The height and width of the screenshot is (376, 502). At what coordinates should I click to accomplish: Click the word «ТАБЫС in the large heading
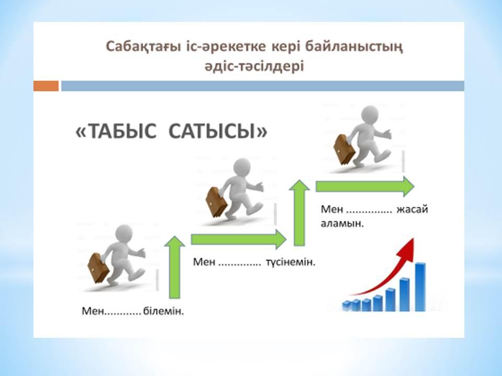click(x=116, y=131)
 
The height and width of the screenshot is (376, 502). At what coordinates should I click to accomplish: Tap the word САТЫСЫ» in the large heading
click(x=218, y=131)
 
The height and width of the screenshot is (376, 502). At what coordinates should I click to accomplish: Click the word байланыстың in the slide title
click(x=354, y=46)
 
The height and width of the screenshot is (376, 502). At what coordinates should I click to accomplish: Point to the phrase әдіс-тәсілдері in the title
click(x=254, y=66)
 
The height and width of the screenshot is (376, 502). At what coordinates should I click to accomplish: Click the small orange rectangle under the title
click(x=46, y=86)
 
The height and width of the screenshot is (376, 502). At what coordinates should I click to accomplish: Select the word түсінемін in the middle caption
click(x=291, y=262)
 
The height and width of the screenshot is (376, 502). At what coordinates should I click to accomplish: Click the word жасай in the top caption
click(x=413, y=209)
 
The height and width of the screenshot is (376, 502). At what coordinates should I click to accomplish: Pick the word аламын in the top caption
click(x=342, y=223)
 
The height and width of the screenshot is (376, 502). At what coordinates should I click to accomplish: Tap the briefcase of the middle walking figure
click(x=216, y=203)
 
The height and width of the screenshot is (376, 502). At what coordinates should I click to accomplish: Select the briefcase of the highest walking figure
click(x=344, y=150)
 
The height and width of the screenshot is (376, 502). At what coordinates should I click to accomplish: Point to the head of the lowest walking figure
click(x=123, y=234)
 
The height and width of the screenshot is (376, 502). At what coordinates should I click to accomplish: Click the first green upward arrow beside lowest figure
click(x=175, y=267)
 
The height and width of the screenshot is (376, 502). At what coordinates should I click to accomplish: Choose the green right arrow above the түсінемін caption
click(x=238, y=239)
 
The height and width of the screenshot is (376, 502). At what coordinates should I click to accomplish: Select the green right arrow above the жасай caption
click(x=365, y=186)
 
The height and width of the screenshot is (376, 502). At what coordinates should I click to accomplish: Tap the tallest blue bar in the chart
click(x=420, y=287)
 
